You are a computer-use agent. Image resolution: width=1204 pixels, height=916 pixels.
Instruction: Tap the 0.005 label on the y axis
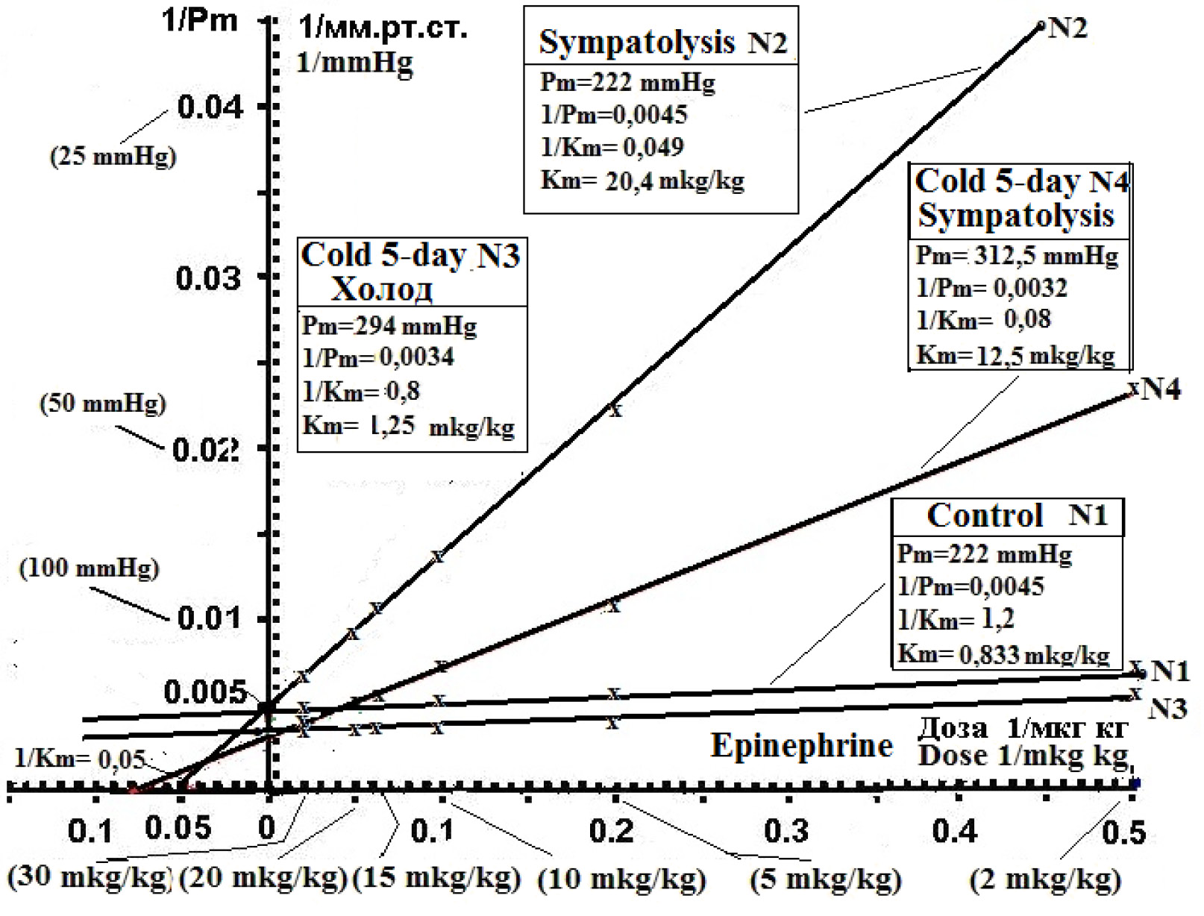(x=204, y=693)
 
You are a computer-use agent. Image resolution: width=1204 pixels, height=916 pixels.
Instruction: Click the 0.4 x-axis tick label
(x=954, y=830)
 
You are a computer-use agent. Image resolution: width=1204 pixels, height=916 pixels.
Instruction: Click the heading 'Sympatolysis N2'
(x=662, y=42)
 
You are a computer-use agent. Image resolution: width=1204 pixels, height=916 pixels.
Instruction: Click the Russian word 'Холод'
(x=381, y=289)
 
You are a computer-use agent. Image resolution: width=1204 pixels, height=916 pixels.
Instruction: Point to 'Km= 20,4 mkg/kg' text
(x=642, y=181)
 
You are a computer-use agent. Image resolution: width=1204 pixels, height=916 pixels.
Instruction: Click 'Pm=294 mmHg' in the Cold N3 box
(x=389, y=326)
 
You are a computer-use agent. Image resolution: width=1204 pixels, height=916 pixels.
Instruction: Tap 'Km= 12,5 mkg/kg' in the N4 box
(x=1015, y=355)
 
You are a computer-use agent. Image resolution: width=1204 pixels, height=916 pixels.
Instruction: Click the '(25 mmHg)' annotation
(x=113, y=156)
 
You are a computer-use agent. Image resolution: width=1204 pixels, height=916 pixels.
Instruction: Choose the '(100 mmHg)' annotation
(x=89, y=568)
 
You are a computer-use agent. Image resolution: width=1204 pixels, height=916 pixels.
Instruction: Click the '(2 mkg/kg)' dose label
(x=1045, y=880)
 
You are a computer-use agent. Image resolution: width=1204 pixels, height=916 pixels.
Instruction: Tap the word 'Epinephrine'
(x=801, y=745)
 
